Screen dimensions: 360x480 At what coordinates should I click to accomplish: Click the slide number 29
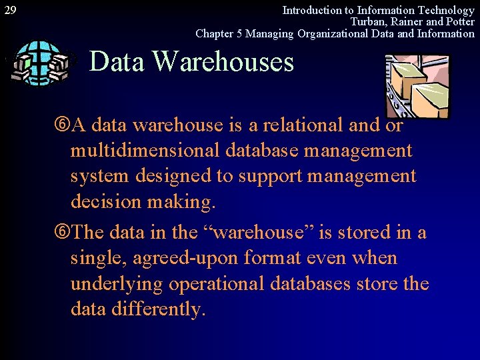tap(11, 10)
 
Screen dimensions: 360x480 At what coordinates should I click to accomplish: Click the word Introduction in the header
tap(310, 10)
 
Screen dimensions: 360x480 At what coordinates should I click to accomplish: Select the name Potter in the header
tap(459, 21)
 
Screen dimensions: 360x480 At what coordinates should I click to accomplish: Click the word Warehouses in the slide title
tap(223, 61)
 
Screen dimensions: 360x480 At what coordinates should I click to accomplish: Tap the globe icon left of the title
tap(39, 63)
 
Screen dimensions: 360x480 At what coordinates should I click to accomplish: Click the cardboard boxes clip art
tap(417, 85)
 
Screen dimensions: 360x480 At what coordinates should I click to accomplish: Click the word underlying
tap(117, 285)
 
